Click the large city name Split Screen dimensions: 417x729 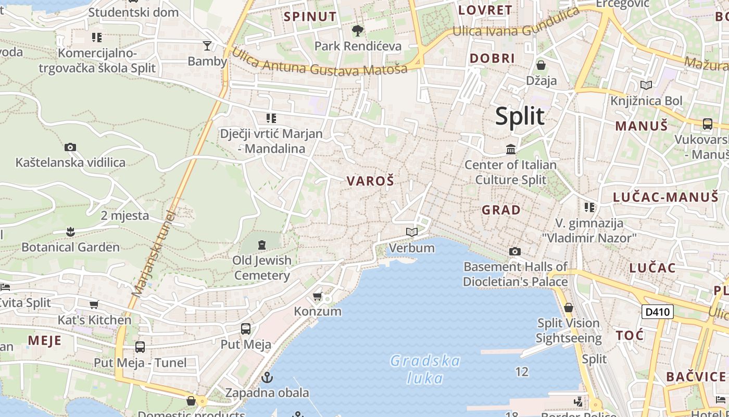[520, 116]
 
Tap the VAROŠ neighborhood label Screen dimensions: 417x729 [371, 181]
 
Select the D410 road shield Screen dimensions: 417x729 [657, 312]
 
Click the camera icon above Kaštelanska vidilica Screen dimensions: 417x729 [70, 148]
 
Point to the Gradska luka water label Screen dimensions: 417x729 [425, 369]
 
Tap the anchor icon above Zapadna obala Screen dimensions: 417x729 [267, 377]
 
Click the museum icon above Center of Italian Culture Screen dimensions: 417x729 [511, 150]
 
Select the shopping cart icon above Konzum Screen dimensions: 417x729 [318, 296]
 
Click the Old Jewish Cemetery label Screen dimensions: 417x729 [262, 267]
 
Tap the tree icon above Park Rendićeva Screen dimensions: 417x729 [358, 31]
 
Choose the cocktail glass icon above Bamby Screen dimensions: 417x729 [207, 46]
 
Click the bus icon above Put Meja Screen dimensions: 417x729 [246, 329]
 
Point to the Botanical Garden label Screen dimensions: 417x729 [70, 247]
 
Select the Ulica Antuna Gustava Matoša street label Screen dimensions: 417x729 [319, 62]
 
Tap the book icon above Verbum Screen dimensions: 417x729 [412, 232]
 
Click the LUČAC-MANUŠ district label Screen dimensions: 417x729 [665, 197]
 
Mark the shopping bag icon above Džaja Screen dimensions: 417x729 [541, 65]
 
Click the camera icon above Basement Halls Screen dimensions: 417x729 [515, 252]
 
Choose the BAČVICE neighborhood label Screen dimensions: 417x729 [696, 377]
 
